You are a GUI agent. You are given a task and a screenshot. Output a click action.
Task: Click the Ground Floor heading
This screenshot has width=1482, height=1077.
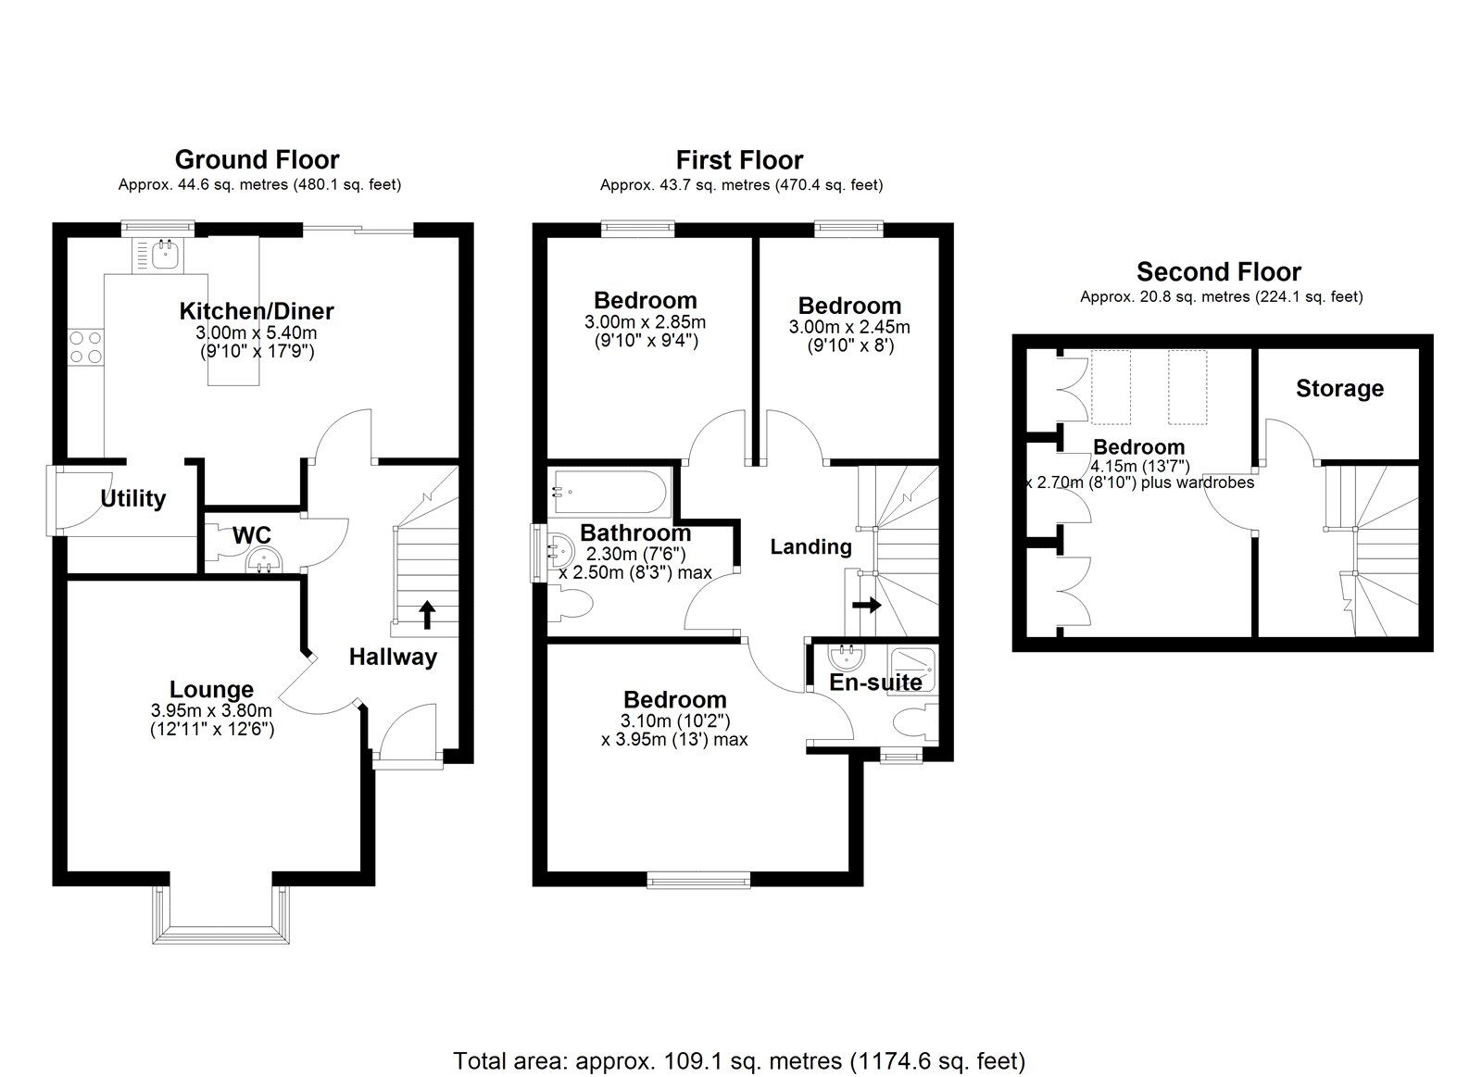tap(257, 159)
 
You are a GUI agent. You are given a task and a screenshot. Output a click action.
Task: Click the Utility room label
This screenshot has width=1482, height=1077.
tap(132, 499)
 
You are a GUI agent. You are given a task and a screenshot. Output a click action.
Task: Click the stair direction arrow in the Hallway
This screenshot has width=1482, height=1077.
tap(427, 614)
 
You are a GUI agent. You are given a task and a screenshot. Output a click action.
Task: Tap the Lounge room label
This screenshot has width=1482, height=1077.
tap(211, 690)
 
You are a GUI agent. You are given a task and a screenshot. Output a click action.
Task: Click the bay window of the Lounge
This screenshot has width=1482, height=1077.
tap(220, 917)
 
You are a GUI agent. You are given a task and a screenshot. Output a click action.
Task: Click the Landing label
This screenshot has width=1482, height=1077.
tap(810, 547)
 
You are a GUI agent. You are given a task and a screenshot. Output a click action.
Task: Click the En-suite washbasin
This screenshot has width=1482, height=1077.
tap(847, 657)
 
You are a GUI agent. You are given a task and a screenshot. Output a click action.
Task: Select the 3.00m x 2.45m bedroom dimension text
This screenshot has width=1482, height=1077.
tap(848, 328)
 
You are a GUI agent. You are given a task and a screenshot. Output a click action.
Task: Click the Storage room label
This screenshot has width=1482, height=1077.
tap(1339, 389)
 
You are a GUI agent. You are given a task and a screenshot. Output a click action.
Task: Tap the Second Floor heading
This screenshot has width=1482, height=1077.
tap(1218, 271)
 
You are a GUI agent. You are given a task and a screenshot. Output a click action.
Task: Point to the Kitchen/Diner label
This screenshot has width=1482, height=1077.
tap(256, 311)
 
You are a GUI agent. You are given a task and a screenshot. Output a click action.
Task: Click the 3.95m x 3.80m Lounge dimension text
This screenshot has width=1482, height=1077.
tap(211, 711)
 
